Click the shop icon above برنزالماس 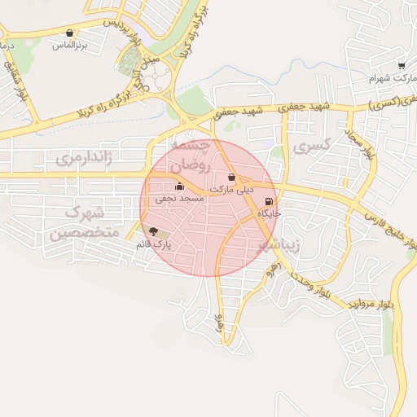69,33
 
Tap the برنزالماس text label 70,45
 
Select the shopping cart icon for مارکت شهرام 402,65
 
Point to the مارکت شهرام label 387,77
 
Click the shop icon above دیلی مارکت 232,177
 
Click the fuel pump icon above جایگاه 270,203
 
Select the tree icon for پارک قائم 154,232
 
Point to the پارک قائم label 154,243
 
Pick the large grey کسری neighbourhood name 311,147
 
